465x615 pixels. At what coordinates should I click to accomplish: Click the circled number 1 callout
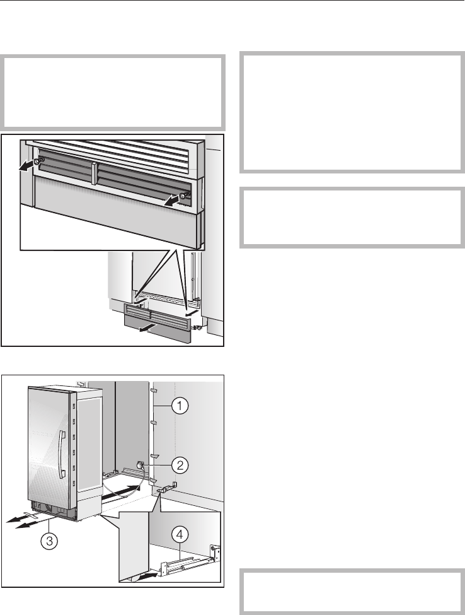pyautogui.click(x=180, y=406)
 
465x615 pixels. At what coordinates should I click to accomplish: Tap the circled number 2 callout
pyautogui.click(x=180, y=465)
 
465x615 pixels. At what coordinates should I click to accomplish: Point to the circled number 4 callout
pyautogui.click(x=180, y=535)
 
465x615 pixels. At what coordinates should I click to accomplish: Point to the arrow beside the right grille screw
pyautogui.click(x=171, y=201)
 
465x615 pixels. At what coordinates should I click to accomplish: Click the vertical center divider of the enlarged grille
pyautogui.click(x=94, y=173)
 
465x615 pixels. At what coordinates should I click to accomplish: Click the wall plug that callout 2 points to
pyautogui.click(x=140, y=465)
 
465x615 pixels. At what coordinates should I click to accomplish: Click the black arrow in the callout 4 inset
pyautogui.click(x=149, y=574)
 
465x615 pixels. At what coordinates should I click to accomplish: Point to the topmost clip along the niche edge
pyautogui.click(x=154, y=391)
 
